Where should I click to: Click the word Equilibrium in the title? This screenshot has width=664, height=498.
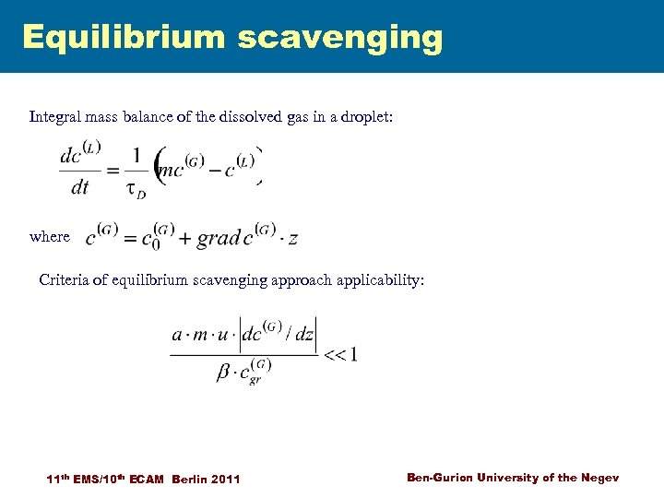click(124, 37)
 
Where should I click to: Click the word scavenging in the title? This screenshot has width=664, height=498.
click(340, 39)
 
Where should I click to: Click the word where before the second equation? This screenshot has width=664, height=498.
click(49, 236)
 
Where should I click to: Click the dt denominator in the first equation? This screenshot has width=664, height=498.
click(80, 188)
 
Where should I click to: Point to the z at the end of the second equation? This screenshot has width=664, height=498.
click(292, 238)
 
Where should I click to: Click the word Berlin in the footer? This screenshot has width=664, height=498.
click(187, 479)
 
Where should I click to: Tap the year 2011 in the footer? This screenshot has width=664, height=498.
click(226, 479)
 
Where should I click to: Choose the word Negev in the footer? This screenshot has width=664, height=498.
click(599, 477)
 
